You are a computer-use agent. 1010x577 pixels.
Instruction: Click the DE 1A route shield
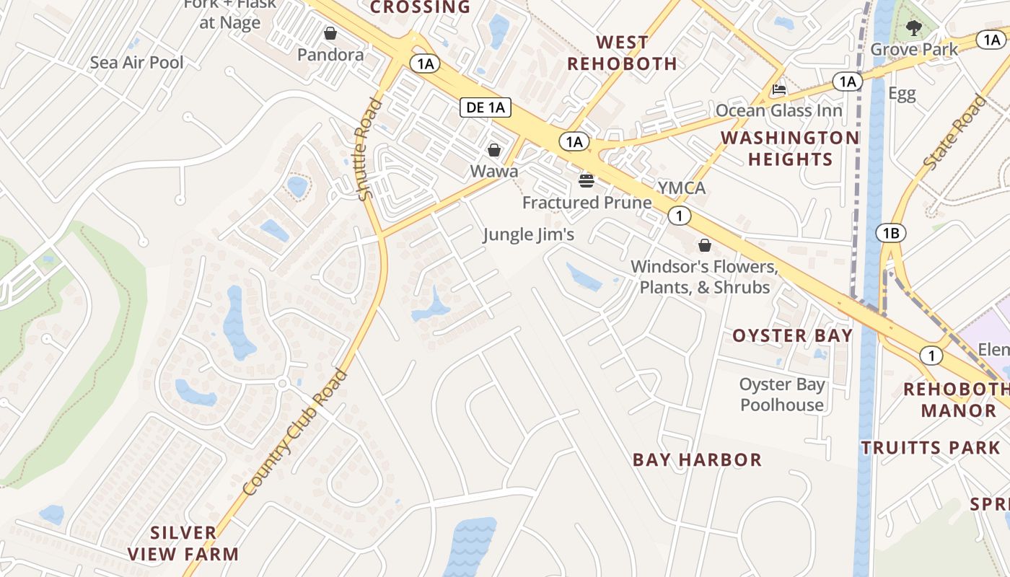pyautogui.click(x=486, y=108)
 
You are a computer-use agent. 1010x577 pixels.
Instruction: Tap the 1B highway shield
pyautogui.click(x=890, y=233)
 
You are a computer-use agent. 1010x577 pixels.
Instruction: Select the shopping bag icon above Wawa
pyautogui.click(x=494, y=150)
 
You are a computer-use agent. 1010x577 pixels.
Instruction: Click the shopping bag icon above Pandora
pyautogui.click(x=330, y=33)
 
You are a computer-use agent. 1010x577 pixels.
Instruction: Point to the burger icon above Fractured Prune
pyautogui.click(x=587, y=180)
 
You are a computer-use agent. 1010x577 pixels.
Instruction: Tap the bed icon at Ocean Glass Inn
pyautogui.click(x=779, y=90)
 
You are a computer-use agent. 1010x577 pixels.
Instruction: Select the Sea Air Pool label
pyautogui.click(x=137, y=63)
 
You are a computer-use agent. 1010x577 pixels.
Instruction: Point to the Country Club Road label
pyautogui.click(x=295, y=432)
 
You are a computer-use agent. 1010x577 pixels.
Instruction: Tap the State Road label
pyautogui.click(x=954, y=133)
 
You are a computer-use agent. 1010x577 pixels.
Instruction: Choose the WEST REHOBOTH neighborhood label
pyautogui.click(x=622, y=53)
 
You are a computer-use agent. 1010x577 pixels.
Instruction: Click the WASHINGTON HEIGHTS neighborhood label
pyautogui.click(x=790, y=148)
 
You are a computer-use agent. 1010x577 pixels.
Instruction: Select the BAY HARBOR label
pyautogui.click(x=697, y=459)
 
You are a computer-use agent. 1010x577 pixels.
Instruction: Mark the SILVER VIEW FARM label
pyautogui.click(x=183, y=543)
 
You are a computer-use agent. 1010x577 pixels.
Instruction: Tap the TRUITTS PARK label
pyautogui.click(x=931, y=448)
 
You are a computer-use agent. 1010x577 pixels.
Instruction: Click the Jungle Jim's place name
pyautogui.click(x=528, y=234)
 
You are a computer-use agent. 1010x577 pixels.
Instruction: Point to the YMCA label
pyautogui.click(x=681, y=188)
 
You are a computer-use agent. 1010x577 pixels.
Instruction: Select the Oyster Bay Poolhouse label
pyautogui.click(x=782, y=395)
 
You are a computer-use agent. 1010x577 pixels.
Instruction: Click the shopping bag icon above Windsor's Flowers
pyautogui.click(x=704, y=245)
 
